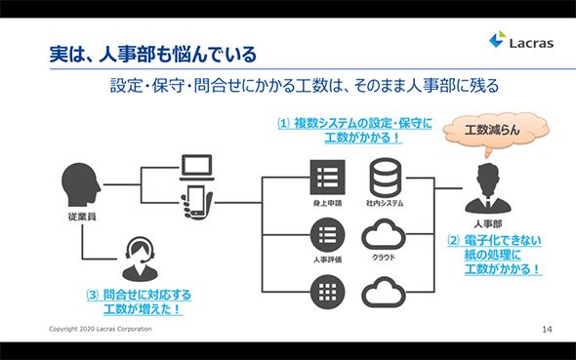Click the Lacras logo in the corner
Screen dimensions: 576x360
pyautogui.click(x=521, y=40)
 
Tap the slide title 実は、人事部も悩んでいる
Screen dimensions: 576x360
pyautogui.click(x=153, y=55)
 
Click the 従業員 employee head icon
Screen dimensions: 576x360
pyautogui.click(x=81, y=184)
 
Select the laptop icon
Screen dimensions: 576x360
pyautogui.click(x=197, y=168)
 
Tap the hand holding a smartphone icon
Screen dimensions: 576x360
pyautogui.click(x=197, y=202)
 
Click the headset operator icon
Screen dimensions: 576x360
pyautogui.click(x=140, y=259)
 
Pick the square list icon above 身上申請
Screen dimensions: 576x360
pyautogui.click(x=328, y=178)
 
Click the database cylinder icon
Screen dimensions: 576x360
pyautogui.click(x=385, y=178)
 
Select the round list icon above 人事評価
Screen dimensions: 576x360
pyautogui.click(x=328, y=235)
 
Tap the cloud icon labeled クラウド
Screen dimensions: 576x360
pyautogui.click(x=384, y=235)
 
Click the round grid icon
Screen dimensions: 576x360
pyautogui.click(x=328, y=292)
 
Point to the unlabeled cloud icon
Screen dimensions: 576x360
pyautogui.click(x=384, y=292)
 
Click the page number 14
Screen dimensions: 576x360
pyautogui.click(x=547, y=329)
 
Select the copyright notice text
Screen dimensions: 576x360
pyautogui.click(x=101, y=329)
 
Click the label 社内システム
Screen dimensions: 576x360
pyautogui.click(x=385, y=203)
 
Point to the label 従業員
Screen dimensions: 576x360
pyautogui.click(x=82, y=217)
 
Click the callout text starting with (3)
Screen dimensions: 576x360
pyautogui.click(x=139, y=302)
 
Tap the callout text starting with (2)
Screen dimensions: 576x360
pyautogui.click(x=494, y=255)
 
